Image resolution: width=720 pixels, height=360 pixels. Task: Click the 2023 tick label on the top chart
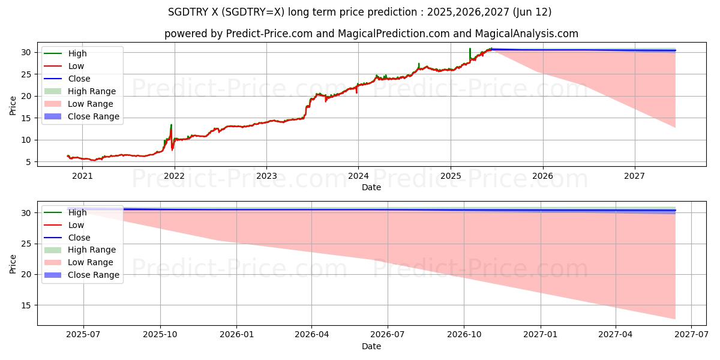pyautogui.click(x=266, y=176)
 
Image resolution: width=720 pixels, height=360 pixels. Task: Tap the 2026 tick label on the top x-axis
pyautogui.click(x=542, y=176)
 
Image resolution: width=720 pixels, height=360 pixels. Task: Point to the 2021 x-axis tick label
pyautogui.click(x=83, y=176)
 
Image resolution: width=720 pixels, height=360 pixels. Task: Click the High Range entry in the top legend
pyautogui.click(x=92, y=91)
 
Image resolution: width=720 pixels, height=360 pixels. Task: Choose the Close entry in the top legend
pyautogui.click(x=79, y=79)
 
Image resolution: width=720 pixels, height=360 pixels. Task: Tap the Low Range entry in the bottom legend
pyautogui.click(x=91, y=262)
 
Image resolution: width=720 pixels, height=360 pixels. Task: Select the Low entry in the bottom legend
pyautogui.click(x=76, y=225)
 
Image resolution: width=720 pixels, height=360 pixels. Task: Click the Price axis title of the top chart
pyautogui.click(x=13, y=106)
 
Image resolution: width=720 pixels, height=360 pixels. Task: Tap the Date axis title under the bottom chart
pyautogui.click(x=371, y=346)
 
